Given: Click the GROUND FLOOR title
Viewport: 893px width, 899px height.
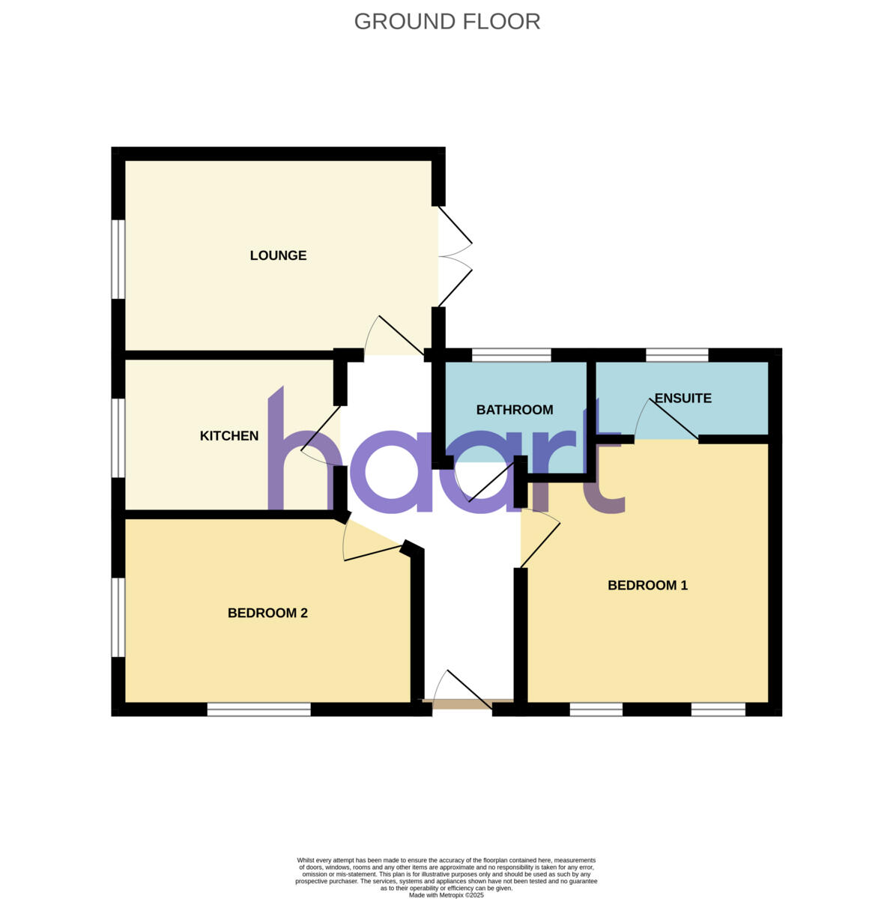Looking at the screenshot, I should pyautogui.click(x=446, y=21).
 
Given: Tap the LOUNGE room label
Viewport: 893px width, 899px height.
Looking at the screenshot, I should pyautogui.click(x=278, y=255).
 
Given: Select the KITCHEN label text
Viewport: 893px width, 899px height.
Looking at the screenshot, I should pyautogui.click(x=229, y=436).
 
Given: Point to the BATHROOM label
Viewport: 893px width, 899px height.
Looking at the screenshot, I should pyautogui.click(x=515, y=410).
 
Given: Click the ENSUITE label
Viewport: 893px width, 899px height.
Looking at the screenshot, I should pyautogui.click(x=682, y=398).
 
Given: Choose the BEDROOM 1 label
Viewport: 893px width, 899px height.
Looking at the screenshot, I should pyautogui.click(x=647, y=585).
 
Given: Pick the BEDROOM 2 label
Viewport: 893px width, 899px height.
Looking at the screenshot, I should pyautogui.click(x=267, y=613).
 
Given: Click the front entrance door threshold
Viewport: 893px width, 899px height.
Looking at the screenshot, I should pyautogui.click(x=465, y=703).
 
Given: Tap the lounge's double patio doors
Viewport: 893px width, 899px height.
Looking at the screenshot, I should pyautogui.click(x=455, y=256).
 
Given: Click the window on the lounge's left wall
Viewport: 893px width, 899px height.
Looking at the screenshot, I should pyautogui.click(x=118, y=259).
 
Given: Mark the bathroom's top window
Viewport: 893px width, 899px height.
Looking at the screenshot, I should pyautogui.click(x=511, y=355).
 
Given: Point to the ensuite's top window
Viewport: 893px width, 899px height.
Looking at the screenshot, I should pyautogui.click(x=676, y=355).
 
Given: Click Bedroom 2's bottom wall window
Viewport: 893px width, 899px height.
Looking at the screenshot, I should pyautogui.click(x=258, y=709).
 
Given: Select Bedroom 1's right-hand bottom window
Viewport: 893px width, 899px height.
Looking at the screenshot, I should pyautogui.click(x=718, y=709).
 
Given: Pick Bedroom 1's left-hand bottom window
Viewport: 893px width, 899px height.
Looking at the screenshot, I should pyautogui.click(x=596, y=709).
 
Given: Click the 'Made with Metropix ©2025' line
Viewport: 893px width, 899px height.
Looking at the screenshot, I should pyautogui.click(x=446, y=895).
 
